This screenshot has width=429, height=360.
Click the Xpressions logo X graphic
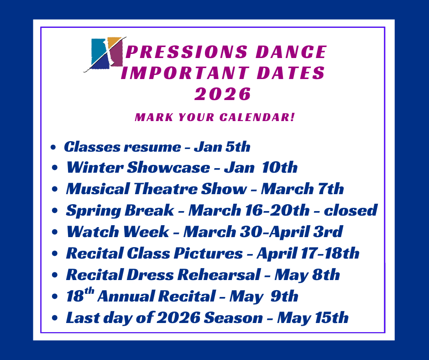(x=105, y=54)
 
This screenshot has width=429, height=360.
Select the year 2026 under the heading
(x=222, y=94)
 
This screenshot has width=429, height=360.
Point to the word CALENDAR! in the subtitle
(x=257, y=117)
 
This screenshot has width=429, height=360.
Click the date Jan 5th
(x=222, y=147)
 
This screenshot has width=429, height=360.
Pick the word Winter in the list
(x=95, y=167)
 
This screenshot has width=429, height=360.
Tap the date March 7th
(x=302, y=189)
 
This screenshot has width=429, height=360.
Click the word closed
(x=351, y=210)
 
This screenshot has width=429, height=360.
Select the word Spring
(x=93, y=211)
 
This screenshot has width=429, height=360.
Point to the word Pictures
(x=208, y=253)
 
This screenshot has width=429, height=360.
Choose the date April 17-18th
(x=308, y=254)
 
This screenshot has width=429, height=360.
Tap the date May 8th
(x=307, y=275)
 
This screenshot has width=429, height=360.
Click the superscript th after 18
(x=89, y=291)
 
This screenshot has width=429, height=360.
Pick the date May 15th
(x=313, y=318)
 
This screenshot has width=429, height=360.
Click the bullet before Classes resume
(x=53, y=148)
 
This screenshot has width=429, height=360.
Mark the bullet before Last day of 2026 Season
(x=55, y=318)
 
